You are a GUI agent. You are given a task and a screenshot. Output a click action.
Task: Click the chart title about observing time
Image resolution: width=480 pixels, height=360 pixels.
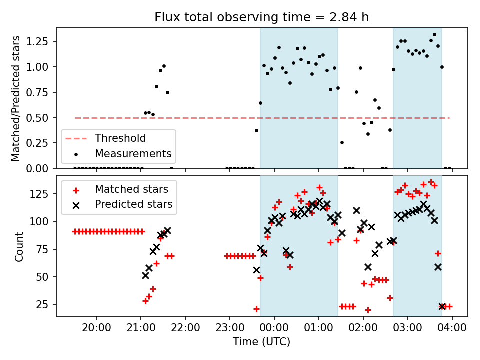click(x=262, y=17)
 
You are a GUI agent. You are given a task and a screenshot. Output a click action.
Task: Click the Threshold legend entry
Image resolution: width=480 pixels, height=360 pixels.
click(x=120, y=138)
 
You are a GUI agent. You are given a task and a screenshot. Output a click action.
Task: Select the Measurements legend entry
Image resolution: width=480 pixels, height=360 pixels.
click(x=133, y=153)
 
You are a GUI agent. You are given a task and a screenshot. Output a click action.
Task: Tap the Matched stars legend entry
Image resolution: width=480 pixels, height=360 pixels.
click(x=131, y=189)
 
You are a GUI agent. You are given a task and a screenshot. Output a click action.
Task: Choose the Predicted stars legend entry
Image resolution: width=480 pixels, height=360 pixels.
click(x=133, y=204)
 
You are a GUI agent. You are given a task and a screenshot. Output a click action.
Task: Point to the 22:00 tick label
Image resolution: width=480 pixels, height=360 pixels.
click(x=185, y=328)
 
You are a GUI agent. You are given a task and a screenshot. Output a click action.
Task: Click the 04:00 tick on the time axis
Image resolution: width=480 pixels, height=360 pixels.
click(x=452, y=328)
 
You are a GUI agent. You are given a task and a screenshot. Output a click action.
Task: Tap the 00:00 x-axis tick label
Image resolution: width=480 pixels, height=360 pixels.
click(x=274, y=328)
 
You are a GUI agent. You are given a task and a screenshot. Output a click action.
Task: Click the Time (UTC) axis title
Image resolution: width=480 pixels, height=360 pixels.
click(x=262, y=342)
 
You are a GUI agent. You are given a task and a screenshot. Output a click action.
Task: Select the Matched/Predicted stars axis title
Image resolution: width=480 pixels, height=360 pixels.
click(x=16, y=98)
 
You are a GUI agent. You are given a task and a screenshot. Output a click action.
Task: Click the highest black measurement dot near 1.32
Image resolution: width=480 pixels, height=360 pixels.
click(x=434, y=35)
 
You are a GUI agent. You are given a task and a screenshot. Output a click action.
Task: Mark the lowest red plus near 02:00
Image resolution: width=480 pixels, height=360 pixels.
click(x=368, y=310)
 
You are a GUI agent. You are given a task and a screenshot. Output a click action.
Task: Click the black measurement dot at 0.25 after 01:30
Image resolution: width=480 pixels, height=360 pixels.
click(x=342, y=142)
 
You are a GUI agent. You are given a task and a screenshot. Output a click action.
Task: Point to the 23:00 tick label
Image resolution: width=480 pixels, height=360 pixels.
click(x=230, y=328)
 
